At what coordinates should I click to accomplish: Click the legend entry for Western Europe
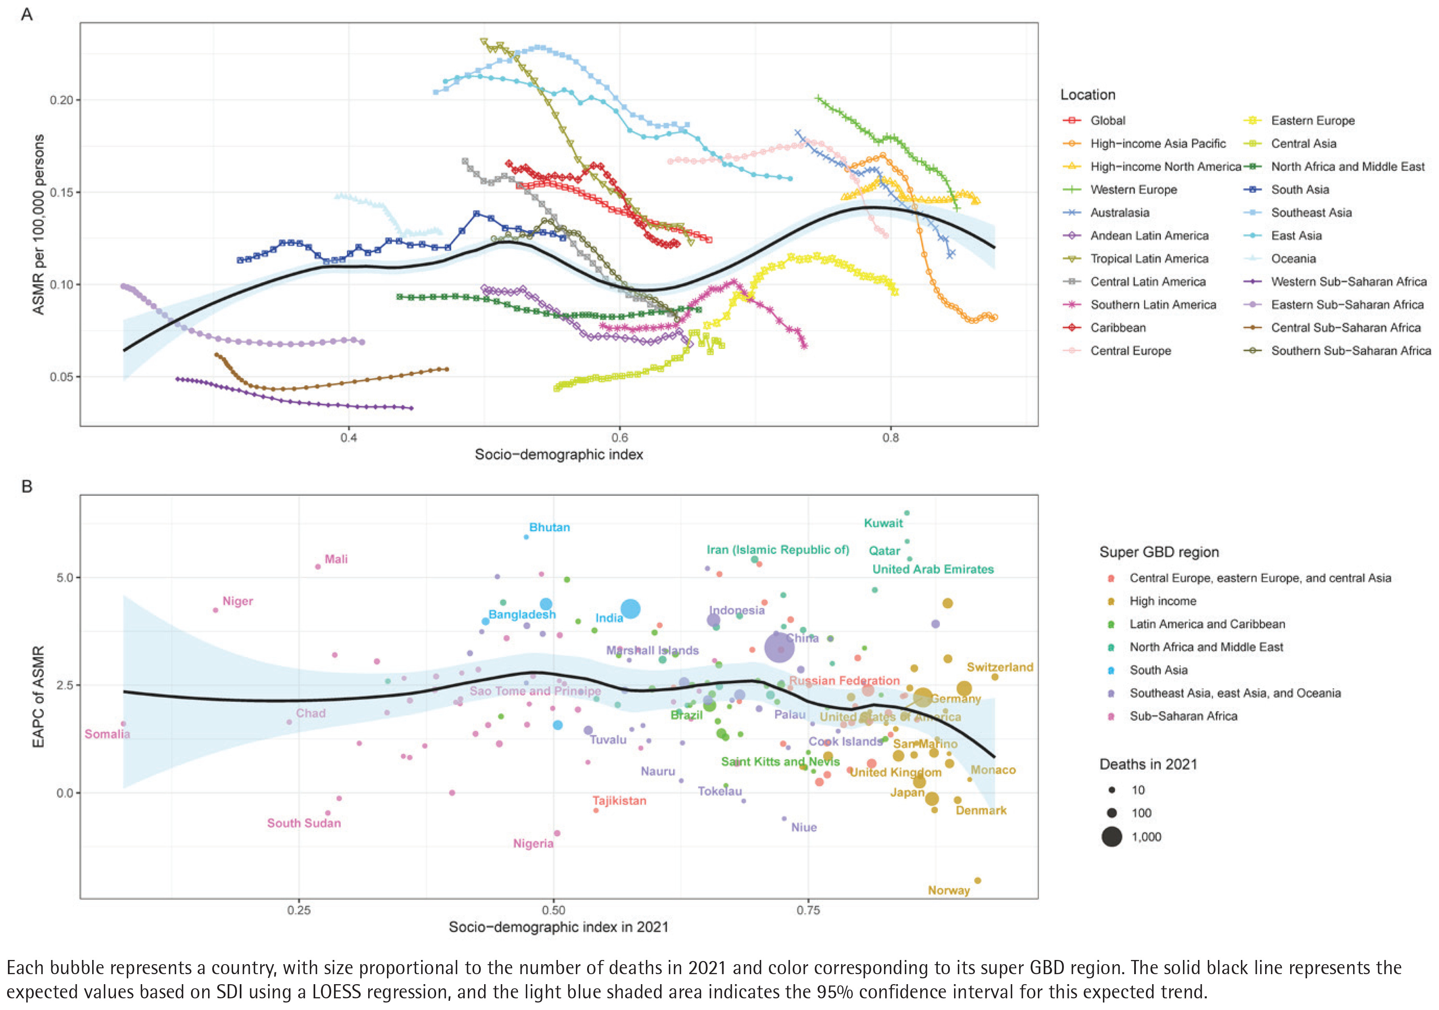click(x=1133, y=189)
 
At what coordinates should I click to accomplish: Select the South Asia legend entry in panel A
click(x=1299, y=189)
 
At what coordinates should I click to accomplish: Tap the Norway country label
click(x=948, y=890)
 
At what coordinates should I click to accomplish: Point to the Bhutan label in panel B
click(x=549, y=527)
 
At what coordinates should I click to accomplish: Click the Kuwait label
click(x=883, y=523)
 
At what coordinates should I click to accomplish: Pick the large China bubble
click(x=779, y=648)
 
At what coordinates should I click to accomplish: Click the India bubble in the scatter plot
click(x=630, y=609)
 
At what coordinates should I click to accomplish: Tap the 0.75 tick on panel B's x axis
click(x=808, y=910)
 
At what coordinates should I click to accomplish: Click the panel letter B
click(x=26, y=486)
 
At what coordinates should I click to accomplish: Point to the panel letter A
click(x=26, y=14)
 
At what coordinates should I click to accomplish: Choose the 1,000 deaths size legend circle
click(x=1111, y=837)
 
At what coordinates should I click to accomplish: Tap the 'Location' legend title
click(x=1087, y=95)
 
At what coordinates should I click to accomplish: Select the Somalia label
click(x=107, y=734)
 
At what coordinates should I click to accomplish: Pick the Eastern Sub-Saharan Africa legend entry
click(x=1346, y=305)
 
